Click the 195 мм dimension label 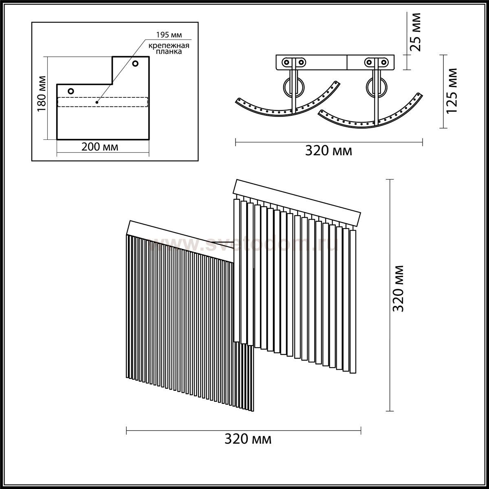click(x=169, y=35)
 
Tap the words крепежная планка click(x=169, y=48)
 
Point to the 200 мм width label click(x=100, y=147)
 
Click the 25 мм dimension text click(x=415, y=32)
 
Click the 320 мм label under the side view click(x=328, y=151)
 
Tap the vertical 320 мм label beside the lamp click(x=398, y=289)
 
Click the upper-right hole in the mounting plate click(x=135, y=64)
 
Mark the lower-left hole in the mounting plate click(x=71, y=91)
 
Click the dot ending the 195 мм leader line click(x=97, y=102)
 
